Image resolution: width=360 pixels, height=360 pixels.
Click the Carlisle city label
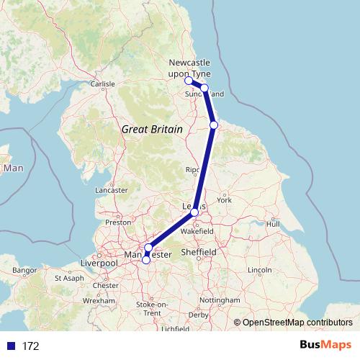point(103,84)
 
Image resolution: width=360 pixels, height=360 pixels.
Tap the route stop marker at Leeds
point(194,212)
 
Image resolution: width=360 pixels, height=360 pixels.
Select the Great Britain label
point(151,128)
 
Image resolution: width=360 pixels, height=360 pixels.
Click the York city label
point(225,199)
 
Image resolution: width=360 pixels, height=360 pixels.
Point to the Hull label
point(273,224)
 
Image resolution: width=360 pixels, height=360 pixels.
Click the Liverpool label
point(99,264)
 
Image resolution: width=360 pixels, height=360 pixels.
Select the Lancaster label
point(111,190)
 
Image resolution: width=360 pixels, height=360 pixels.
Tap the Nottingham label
point(220,300)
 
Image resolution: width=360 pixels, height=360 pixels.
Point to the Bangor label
point(24,270)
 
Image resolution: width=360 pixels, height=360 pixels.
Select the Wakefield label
point(197,232)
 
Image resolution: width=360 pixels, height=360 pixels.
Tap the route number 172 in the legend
point(30,346)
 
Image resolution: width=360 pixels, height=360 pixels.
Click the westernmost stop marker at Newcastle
point(189,81)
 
